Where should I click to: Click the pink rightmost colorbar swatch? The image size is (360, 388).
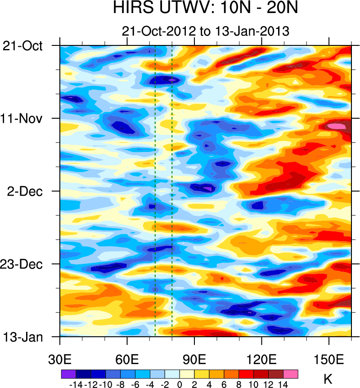[291, 373]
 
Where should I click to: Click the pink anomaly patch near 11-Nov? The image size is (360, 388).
[337, 126]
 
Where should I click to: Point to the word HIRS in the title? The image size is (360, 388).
[128, 9]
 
